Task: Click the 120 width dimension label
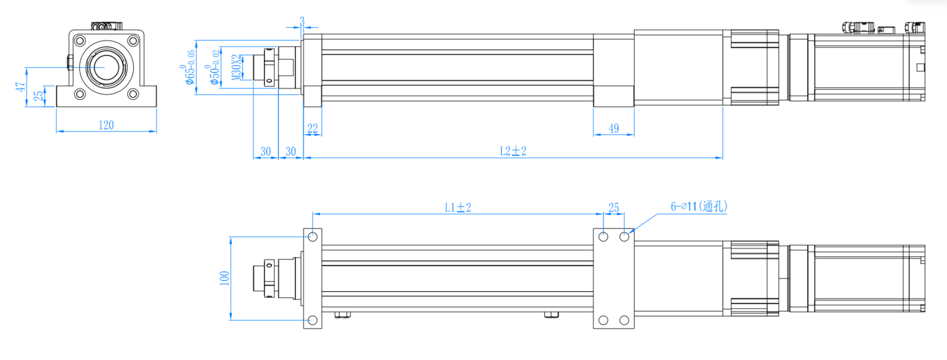(106, 125)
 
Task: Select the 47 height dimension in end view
(20, 87)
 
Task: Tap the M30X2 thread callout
(237, 67)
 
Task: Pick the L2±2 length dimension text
(513, 151)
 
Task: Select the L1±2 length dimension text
(458, 207)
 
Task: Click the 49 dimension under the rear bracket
(614, 128)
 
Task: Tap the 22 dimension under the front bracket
(313, 129)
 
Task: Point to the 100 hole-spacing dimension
(225, 279)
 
